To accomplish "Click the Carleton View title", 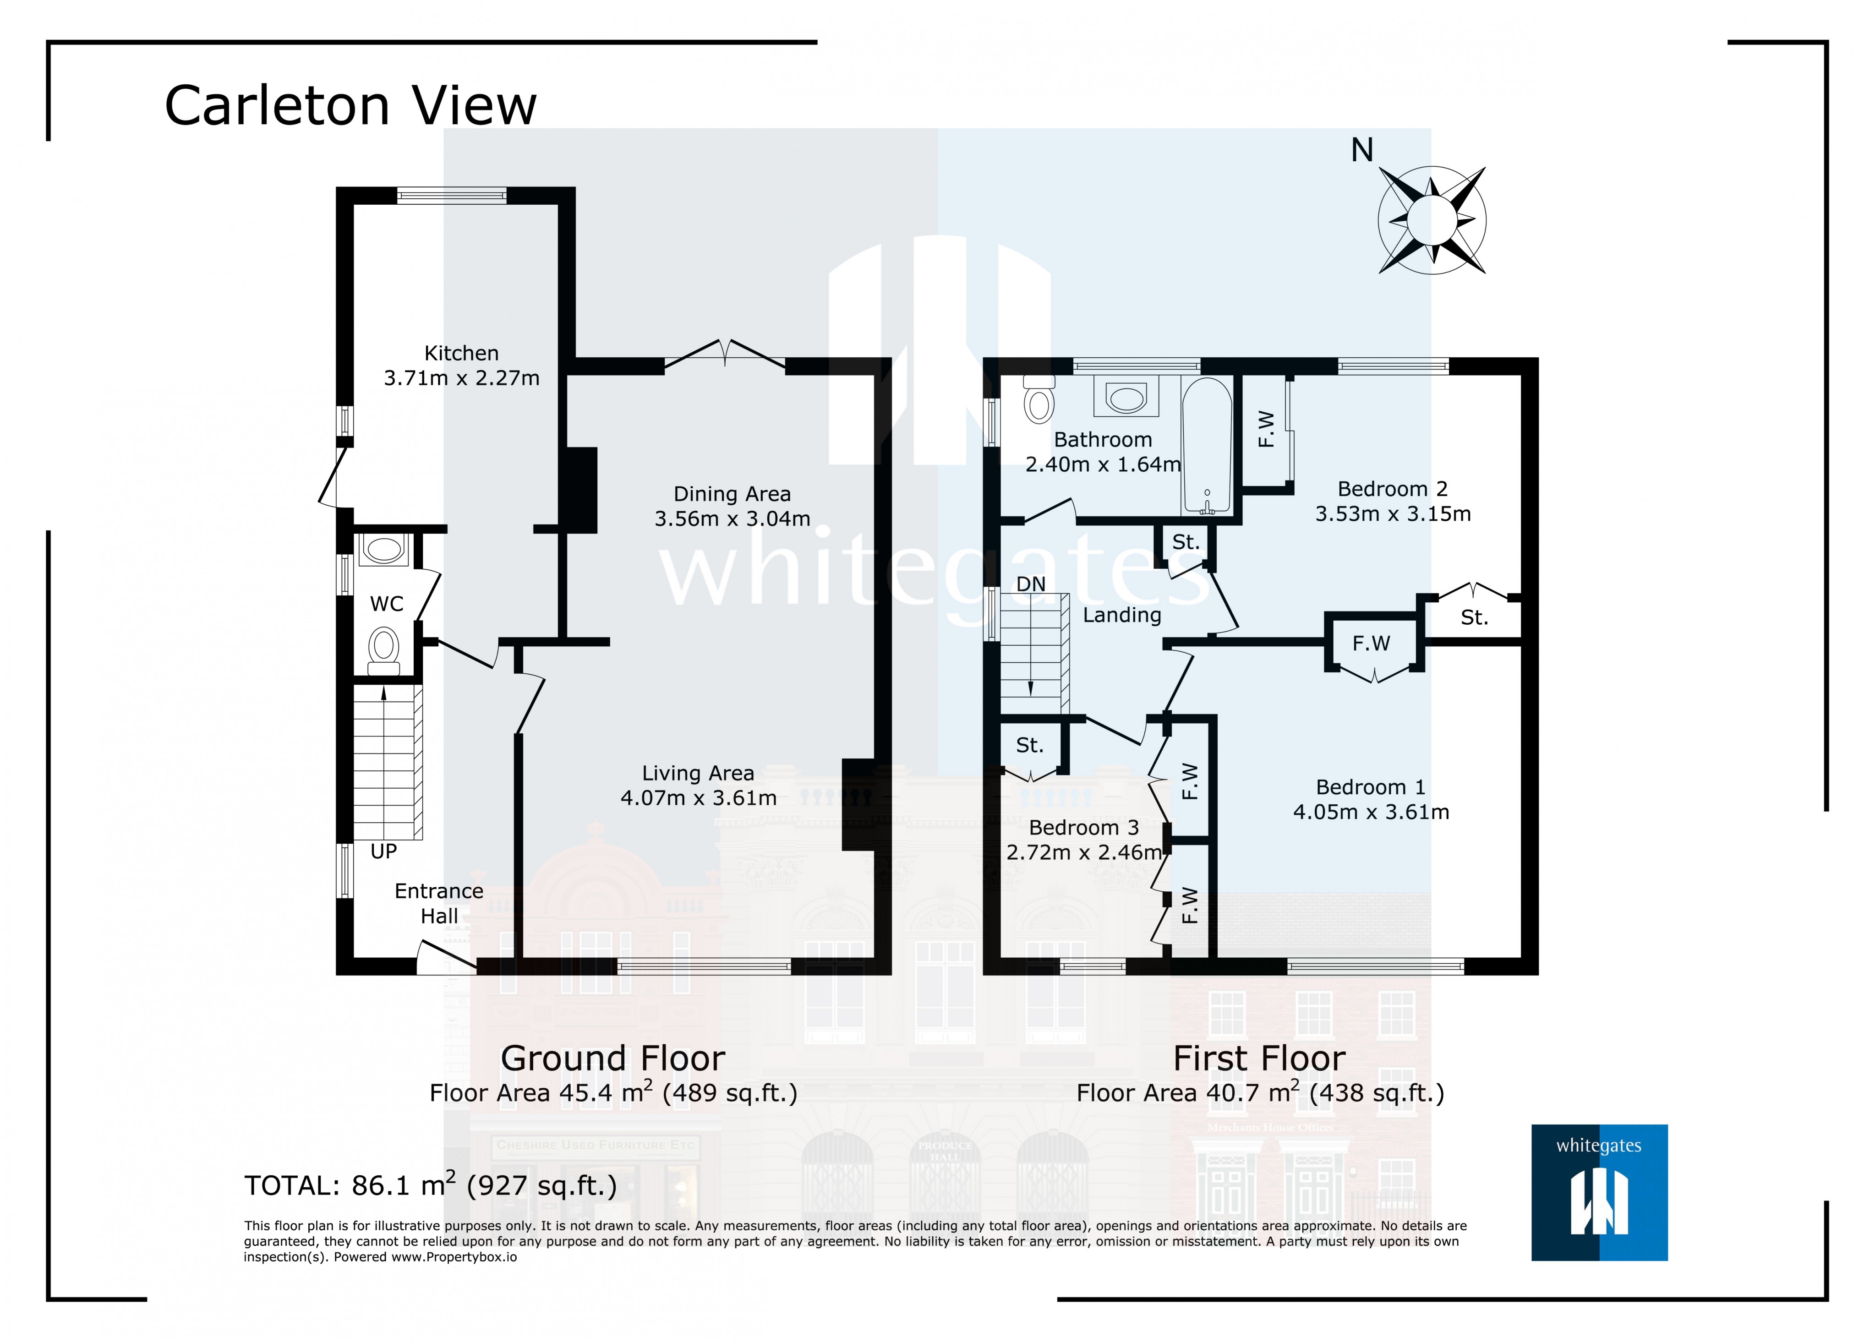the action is [x=350, y=106].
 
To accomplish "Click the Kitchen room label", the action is [x=461, y=353].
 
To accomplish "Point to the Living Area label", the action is [x=698, y=774].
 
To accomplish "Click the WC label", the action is [x=387, y=604].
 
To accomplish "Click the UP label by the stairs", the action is [x=383, y=851].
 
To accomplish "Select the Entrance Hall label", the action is [x=439, y=903].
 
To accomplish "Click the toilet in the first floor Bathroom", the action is [x=1039, y=398].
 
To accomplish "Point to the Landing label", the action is [x=1122, y=615].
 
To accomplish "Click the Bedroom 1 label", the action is [x=1371, y=787].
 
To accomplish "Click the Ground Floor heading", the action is [x=613, y=1058].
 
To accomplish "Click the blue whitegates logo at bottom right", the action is [x=1599, y=1192].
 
